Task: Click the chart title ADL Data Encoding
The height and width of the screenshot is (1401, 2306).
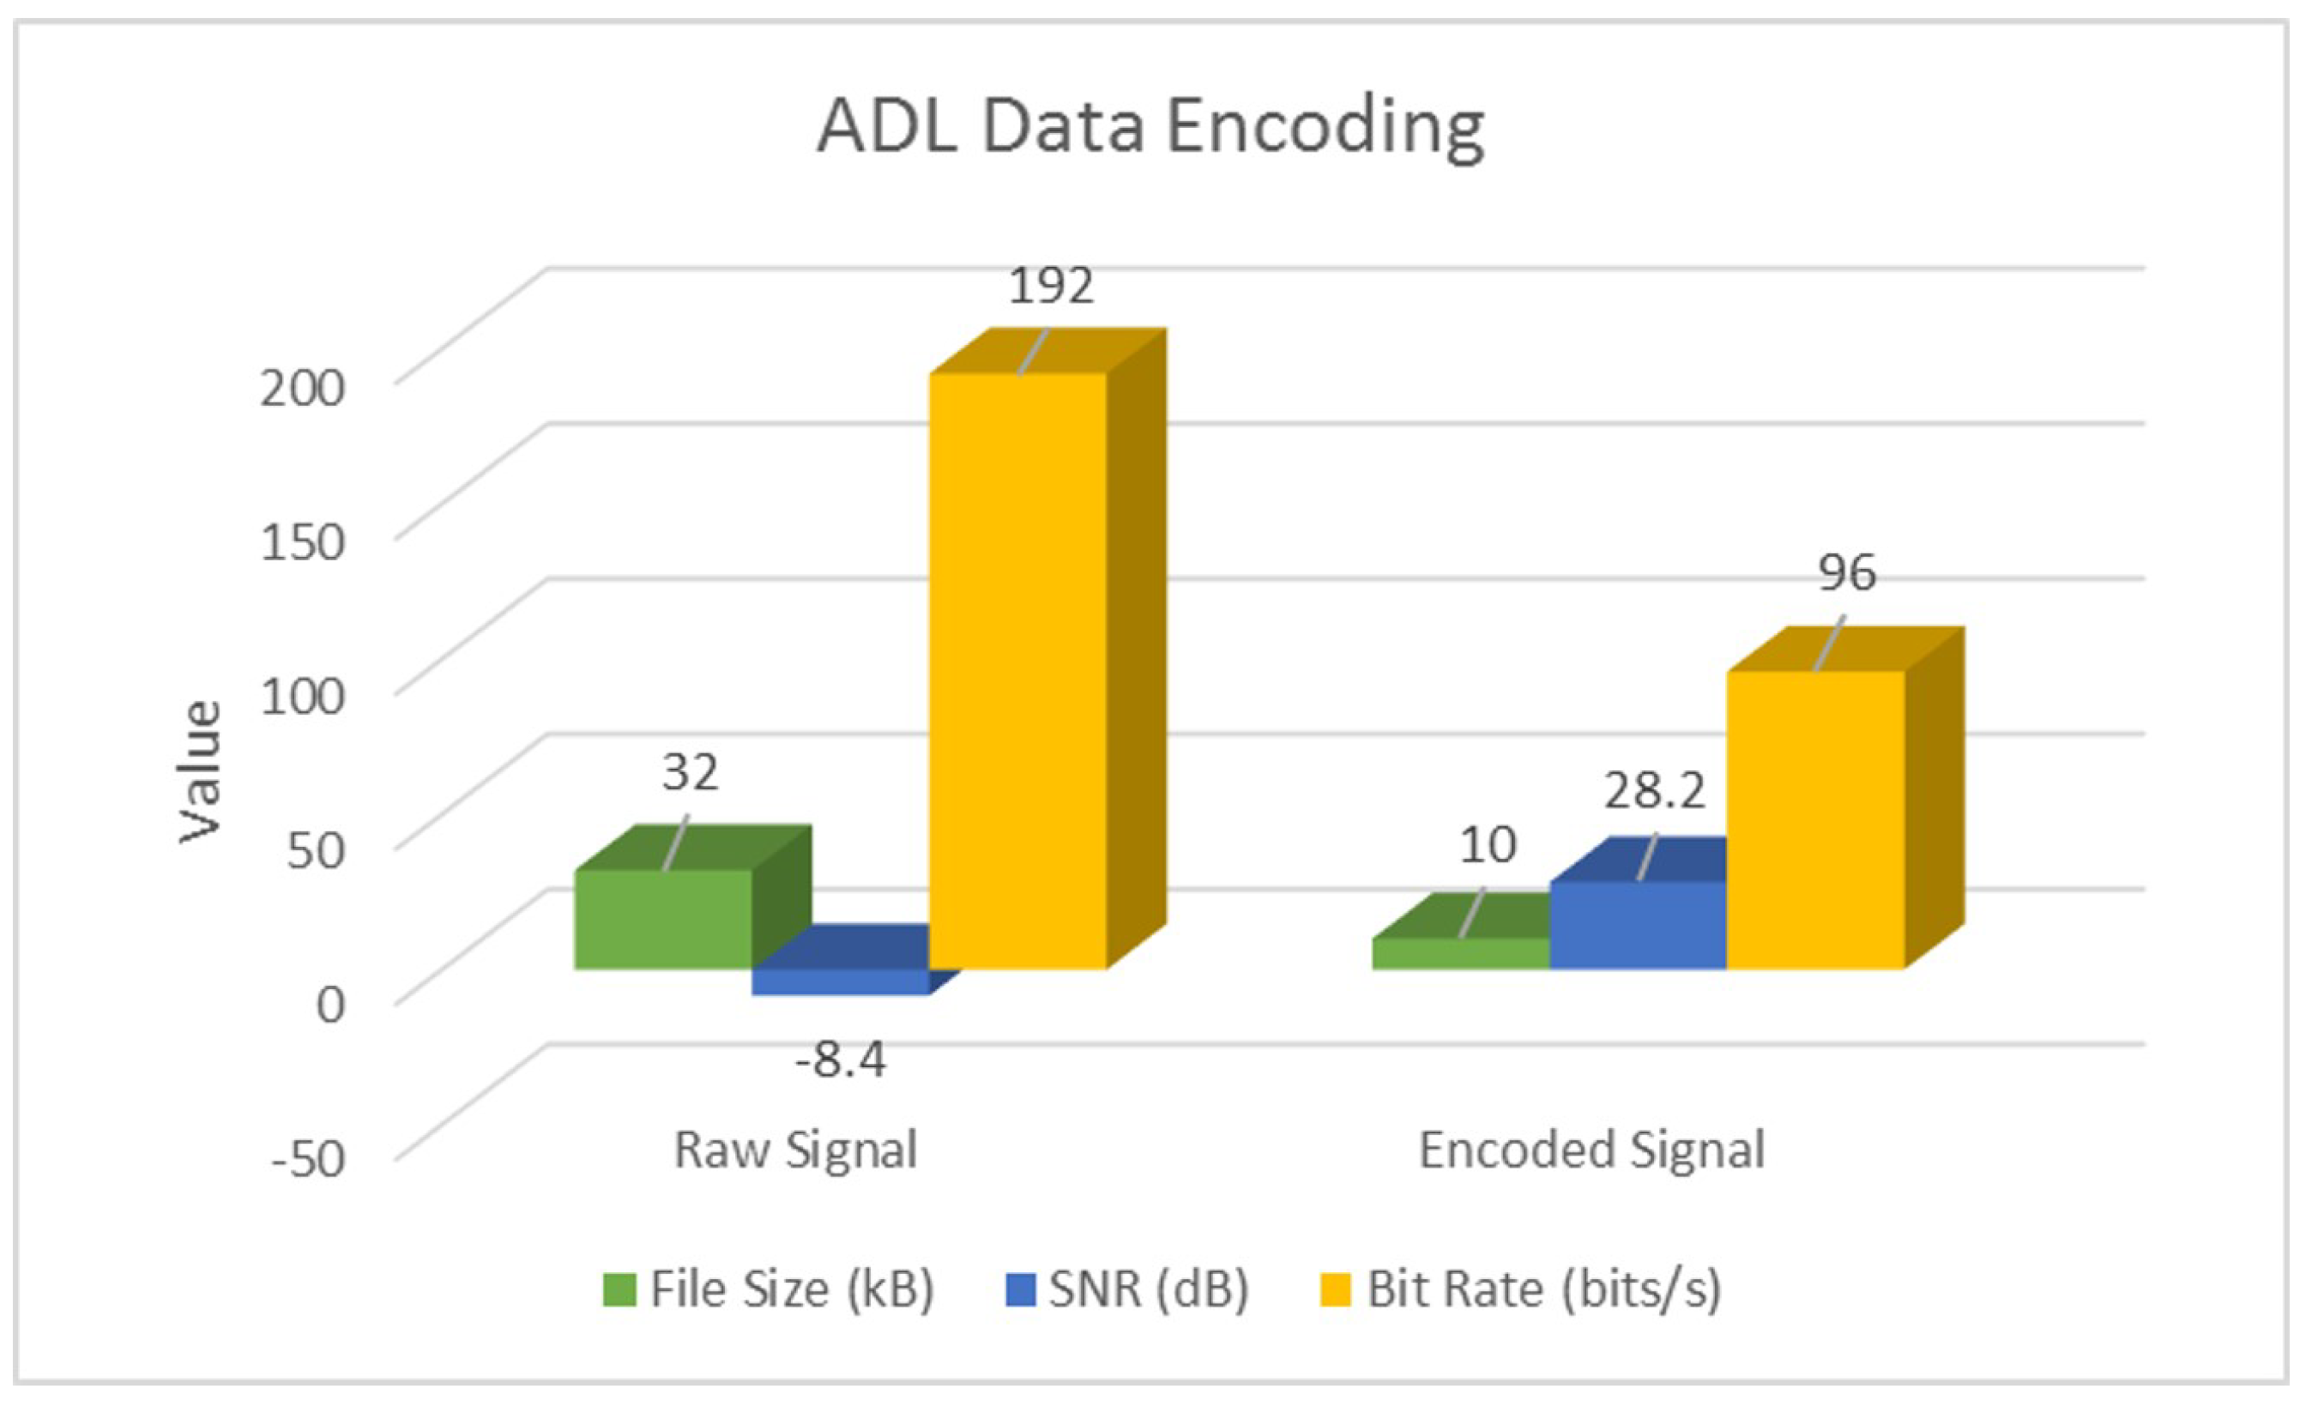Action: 1150,127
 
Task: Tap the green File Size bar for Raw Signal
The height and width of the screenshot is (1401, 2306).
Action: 662,919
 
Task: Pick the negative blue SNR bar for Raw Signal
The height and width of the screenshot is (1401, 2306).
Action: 840,981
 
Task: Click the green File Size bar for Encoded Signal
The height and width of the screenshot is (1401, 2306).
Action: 1460,954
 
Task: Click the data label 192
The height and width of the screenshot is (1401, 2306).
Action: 1050,287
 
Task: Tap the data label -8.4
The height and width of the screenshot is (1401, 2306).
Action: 840,1060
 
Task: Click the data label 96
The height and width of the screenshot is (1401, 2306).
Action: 1846,573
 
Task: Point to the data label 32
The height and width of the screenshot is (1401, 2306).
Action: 691,772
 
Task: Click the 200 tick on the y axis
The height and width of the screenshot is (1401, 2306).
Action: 302,388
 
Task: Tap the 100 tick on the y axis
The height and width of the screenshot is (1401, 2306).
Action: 302,697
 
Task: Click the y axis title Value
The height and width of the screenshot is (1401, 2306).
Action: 199,771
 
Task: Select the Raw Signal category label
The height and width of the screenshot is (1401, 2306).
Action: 795,1150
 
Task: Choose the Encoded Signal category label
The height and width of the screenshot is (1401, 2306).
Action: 1591,1150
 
